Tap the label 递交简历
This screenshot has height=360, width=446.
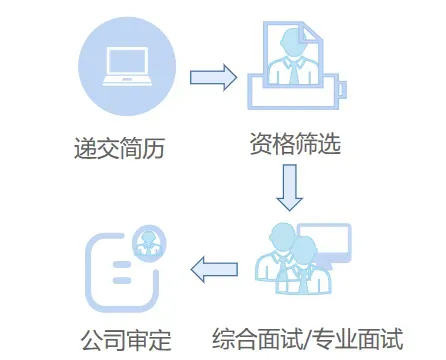coord(119,151)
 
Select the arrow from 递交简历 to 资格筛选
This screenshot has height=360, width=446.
coord(212,77)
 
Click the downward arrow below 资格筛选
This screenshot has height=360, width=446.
coord(290,186)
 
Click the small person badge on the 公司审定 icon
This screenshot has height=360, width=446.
coord(150,240)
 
